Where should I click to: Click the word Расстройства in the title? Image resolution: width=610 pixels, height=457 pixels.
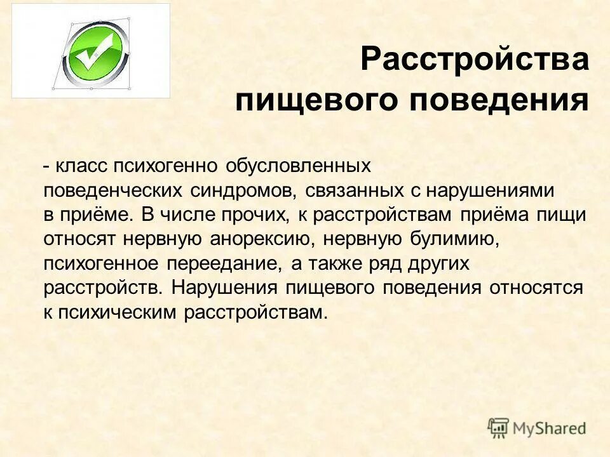[474, 61]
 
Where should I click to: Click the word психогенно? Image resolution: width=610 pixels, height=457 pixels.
[166, 166]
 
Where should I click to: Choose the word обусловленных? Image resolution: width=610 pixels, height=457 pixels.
[298, 166]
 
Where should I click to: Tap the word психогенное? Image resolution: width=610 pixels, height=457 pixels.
[100, 263]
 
